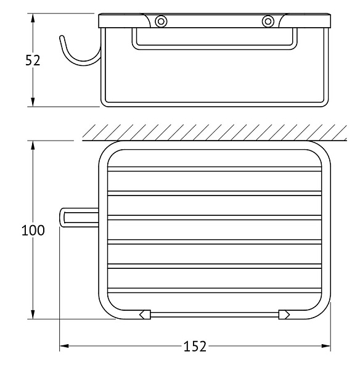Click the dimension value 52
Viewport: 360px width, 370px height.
click(x=33, y=60)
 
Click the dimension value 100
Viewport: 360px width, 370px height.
click(x=33, y=230)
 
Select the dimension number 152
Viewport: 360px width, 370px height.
click(x=195, y=347)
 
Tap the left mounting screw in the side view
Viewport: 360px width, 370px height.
click(x=161, y=22)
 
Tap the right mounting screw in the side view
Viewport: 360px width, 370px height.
click(x=268, y=22)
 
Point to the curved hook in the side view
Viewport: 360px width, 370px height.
click(x=78, y=62)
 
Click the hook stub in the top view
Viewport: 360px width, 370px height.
click(x=79, y=217)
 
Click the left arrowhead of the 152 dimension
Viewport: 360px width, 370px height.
click(x=64, y=346)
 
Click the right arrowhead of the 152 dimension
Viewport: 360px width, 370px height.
click(x=326, y=346)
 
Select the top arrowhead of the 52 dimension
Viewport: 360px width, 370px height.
click(x=33, y=18)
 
